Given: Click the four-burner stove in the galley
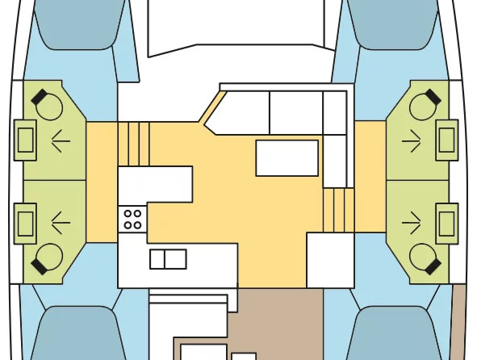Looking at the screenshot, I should pyautogui.click(x=132, y=219).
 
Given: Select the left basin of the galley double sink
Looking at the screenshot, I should pyautogui.click(x=159, y=259).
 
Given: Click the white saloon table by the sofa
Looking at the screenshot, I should pyautogui.click(x=287, y=157).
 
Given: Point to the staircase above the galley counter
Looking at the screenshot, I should pyautogui.click(x=134, y=144).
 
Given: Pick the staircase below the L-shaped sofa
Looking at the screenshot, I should pyautogui.click(x=339, y=210).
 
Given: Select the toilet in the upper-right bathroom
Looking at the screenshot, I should pyautogui.click(x=423, y=104).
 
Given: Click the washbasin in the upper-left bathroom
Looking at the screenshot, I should pyautogui.click(x=26, y=140).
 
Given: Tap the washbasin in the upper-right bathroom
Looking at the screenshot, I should pyautogui.click(x=446, y=140).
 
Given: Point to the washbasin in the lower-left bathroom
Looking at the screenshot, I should pyautogui.click(x=26, y=220).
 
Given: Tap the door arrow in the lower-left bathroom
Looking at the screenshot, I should pyautogui.click(x=60, y=220).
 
